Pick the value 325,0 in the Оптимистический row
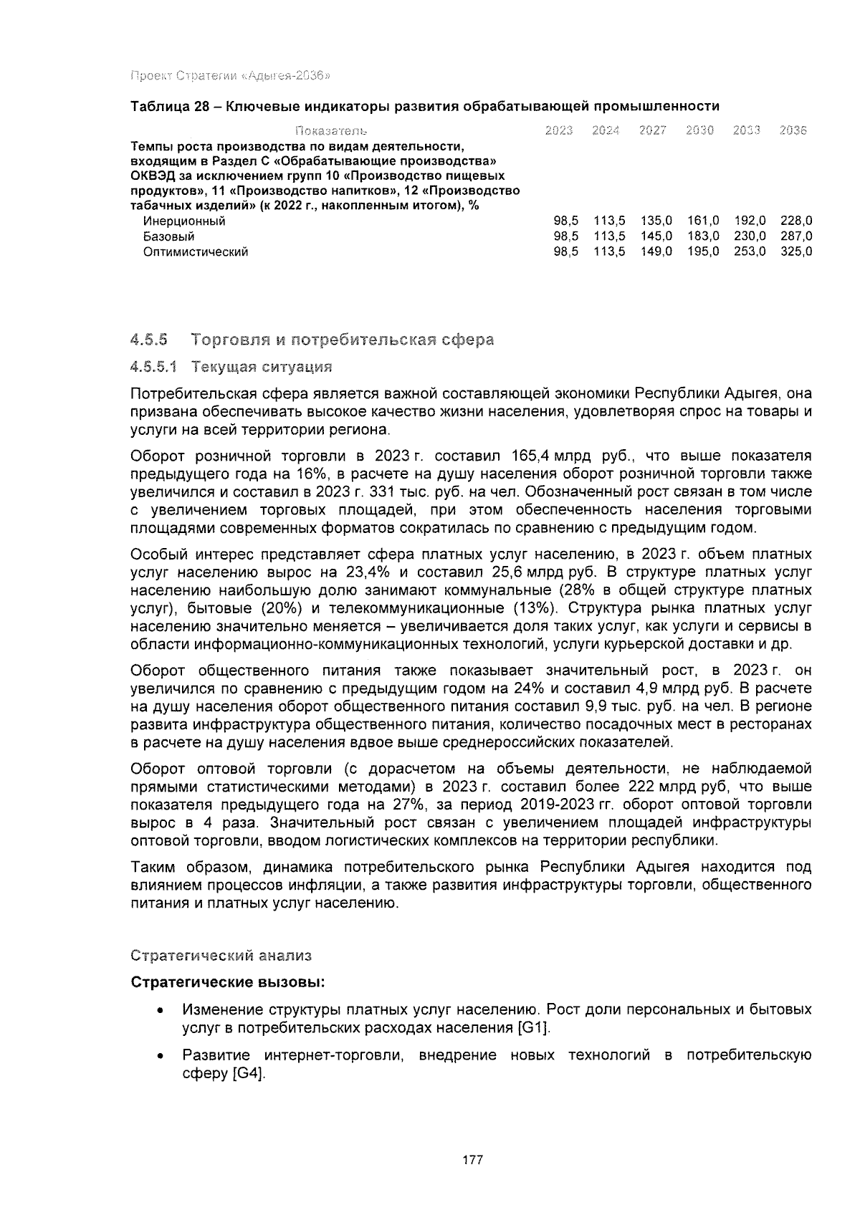796,252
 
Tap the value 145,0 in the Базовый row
656,236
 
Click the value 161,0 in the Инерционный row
703,221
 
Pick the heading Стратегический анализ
221,956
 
